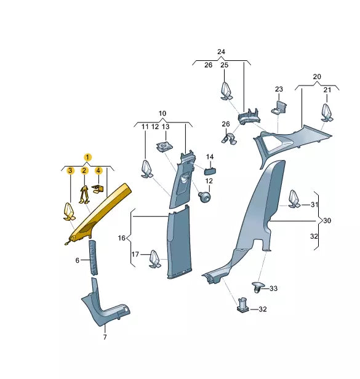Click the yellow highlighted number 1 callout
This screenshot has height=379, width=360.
point(87,158)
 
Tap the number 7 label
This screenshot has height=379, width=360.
point(105,337)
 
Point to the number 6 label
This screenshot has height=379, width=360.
point(77,260)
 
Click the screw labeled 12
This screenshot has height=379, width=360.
point(204,197)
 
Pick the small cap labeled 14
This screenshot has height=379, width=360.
point(210,172)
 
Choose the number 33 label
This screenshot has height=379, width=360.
point(273,289)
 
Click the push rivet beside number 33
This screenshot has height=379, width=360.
point(257,287)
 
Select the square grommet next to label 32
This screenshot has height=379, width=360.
point(242,305)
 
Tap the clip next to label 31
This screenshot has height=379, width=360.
point(294,199)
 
